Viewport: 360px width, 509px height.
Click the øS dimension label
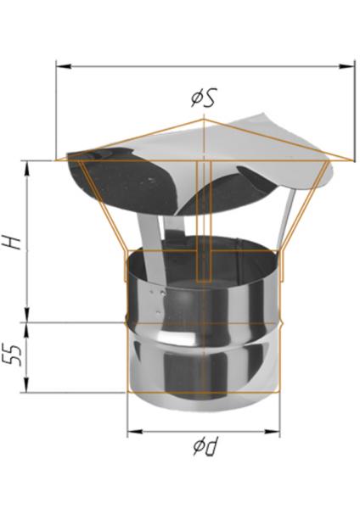click(204, 97)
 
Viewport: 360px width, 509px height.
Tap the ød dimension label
click(205, 446)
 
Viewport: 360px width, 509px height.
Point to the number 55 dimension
click(14, 355)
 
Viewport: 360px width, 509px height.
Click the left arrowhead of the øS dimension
click(64, 66)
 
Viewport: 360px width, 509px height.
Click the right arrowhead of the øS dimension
click(346, 66)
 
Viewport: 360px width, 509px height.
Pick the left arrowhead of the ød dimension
click(135, 432)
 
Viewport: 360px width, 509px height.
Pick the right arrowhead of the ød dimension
click(273, 432)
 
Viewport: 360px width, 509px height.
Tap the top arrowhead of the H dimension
click(27, 169)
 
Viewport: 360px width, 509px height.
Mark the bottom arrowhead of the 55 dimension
click(27, 384)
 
